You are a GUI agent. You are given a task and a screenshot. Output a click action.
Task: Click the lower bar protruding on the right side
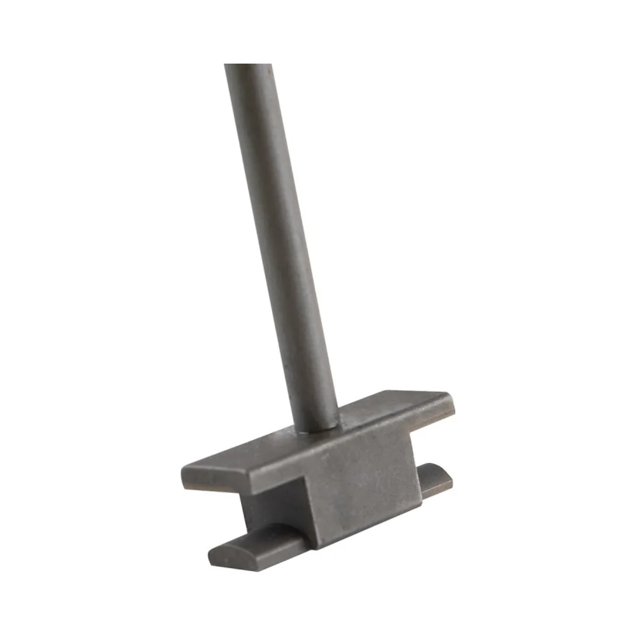(x=436, y=480)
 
